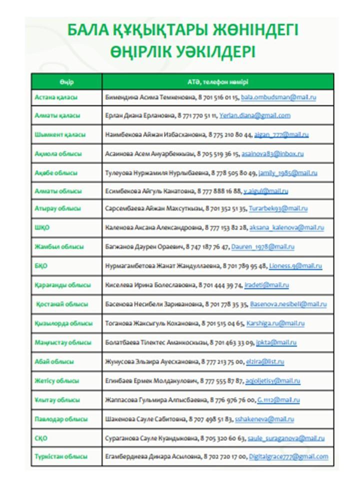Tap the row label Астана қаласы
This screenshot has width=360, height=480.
point(56,97)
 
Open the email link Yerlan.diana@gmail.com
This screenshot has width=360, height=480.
point(254,115)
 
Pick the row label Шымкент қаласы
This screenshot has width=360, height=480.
point(60,135)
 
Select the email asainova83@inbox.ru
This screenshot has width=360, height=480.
point(272,154)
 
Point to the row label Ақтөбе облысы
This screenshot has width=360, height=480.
point(56,173)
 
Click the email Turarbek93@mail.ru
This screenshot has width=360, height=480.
point(278,208)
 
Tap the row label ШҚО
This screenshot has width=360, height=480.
point(42,227)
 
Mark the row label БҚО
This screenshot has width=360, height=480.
point(41,266)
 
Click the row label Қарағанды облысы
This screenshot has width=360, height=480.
point(62,285)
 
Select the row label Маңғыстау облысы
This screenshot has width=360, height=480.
point(63,342)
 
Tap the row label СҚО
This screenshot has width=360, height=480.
point(41,438)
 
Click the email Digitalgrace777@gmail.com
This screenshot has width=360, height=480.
point(288,456)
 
